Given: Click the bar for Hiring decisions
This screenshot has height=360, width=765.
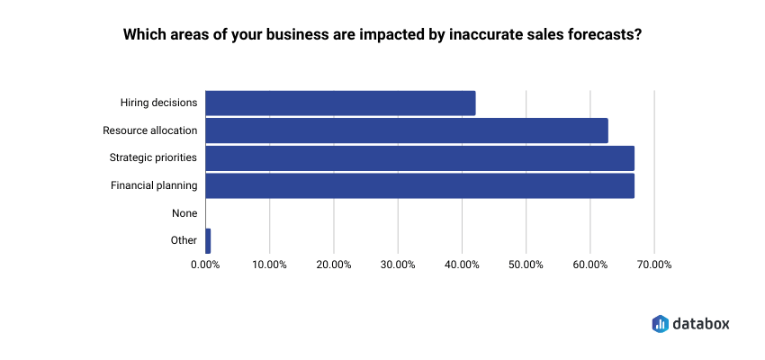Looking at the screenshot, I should pyautogui.click(x=340, y=103).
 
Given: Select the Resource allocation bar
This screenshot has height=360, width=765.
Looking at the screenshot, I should pyautogui.click(x=407, y=130).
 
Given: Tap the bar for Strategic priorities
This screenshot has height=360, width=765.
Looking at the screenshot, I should pyautogui.click(x=419, y=158).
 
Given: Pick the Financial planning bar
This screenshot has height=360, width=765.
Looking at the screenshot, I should pyautogui.click(x=419, y=185).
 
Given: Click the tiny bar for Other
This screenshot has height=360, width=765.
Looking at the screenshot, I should pyautogui.click(x=208, y=240).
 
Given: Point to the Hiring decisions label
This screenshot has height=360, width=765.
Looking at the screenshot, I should pyautogui.click(x=158, y=103).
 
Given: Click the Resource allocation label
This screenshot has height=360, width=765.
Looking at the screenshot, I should pyautogui.click(x=149, y=130).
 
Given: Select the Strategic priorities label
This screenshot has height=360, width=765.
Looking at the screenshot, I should pyautogui.click(x=153, y=158).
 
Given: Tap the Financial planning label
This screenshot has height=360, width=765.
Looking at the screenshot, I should pyautogui.click(x=154, y=185).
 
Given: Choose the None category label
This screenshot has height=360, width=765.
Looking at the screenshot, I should pyautogui.click(x=184, y=213).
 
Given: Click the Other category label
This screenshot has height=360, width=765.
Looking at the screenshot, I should pyautogui.click(x=184, y=240).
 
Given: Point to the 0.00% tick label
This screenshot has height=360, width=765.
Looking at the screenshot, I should pyautogui.click(x=206, y=265).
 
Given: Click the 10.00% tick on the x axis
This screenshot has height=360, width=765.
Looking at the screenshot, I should pyautogui.click(x=270, y=265).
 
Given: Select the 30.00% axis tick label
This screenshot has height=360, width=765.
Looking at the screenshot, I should pyautogui.click(x=398, y=265).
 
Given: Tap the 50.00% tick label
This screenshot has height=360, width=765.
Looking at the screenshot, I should pyautogui.click(x=526, y=265).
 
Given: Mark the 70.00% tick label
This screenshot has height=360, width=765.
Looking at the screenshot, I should pyautogui.click(x=653, y=265).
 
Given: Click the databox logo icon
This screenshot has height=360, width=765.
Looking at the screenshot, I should pyautogui.click(x=660, y=323).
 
